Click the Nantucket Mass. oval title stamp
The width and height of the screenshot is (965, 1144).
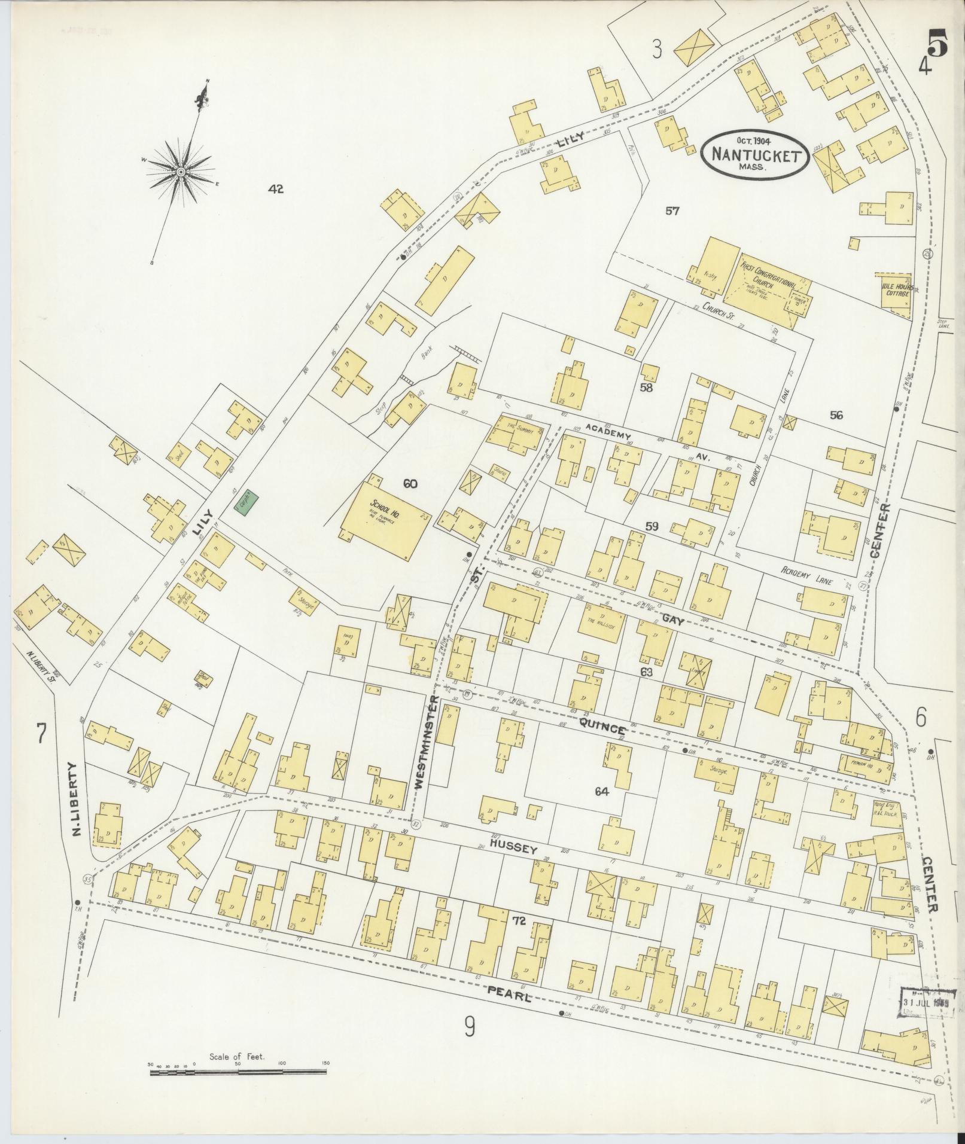pos(755,153)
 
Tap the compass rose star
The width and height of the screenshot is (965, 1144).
pos(180,172)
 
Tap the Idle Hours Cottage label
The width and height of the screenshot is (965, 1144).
pos(895,289)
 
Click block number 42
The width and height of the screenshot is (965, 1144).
pos(276,190)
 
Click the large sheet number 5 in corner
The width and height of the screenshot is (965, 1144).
pos(937,43)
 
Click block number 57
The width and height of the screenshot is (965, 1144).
pos(672,211)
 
